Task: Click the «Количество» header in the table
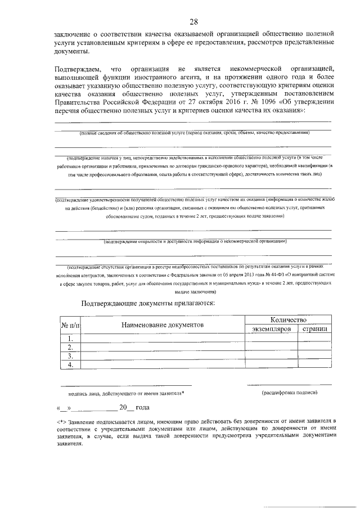point(287,318)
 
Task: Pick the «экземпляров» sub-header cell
point(271,328)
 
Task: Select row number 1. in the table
point(71,339)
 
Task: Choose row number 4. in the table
point(71,364)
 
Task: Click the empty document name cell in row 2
point(163,347)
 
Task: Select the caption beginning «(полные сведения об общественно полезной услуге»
point(194,133)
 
